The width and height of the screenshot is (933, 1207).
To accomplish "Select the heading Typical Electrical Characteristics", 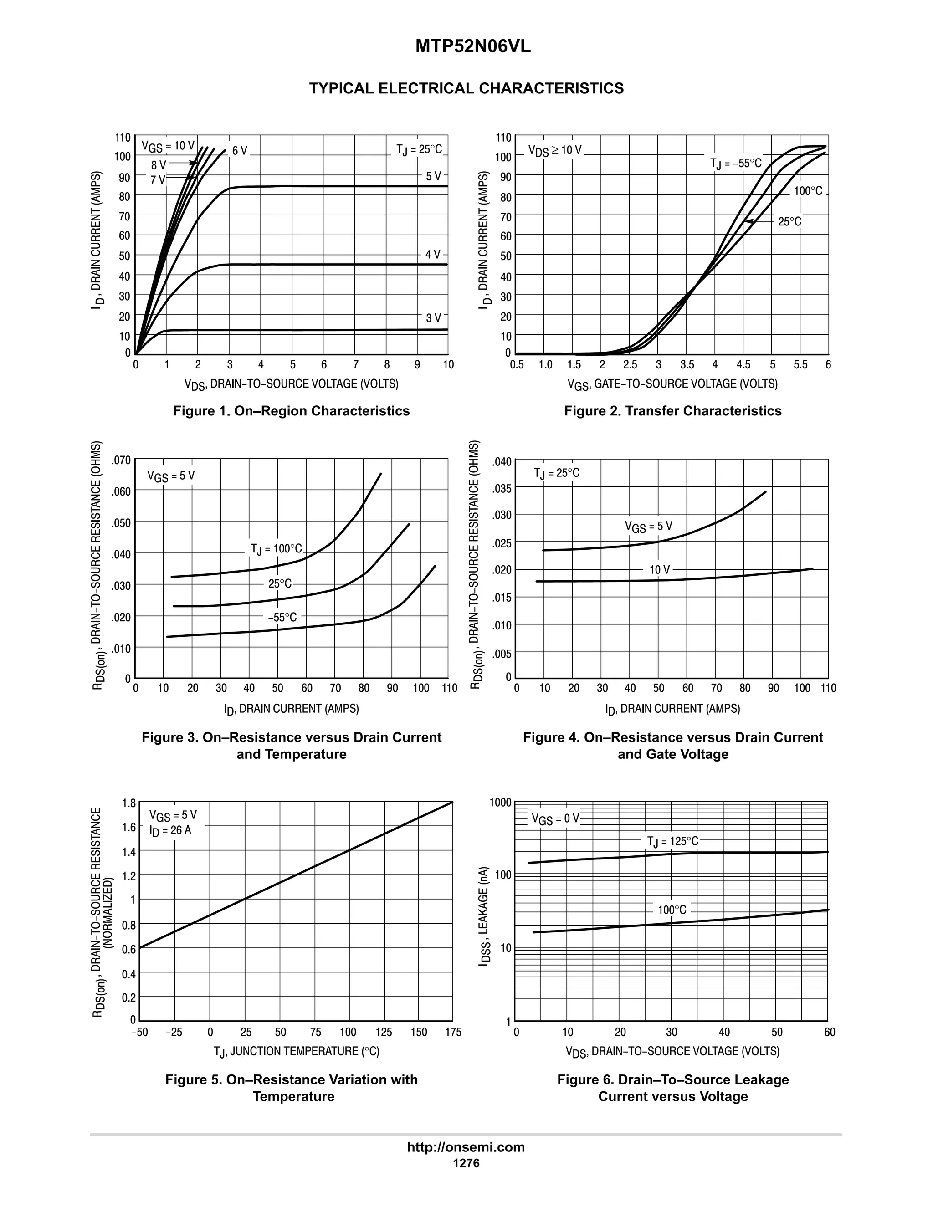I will pos(466,88).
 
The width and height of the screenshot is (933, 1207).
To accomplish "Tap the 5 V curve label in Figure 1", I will pos(433,176).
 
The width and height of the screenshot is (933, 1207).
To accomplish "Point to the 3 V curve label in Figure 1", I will pos(433,318).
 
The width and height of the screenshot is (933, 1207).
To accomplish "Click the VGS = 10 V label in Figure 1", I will pos(168,147).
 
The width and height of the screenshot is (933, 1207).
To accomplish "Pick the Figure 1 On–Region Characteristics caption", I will pos(291,411).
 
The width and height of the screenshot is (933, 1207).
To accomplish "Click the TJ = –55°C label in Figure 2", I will pos(736,164).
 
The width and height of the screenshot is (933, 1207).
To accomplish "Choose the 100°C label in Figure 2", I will pos(808,191).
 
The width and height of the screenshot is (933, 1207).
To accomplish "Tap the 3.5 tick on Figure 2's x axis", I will pos(687,365).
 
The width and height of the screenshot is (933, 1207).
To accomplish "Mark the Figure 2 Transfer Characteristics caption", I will pos(673,411).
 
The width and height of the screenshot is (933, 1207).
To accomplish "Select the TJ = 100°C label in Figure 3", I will pos(277,549).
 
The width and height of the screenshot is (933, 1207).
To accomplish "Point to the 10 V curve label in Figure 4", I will pos(659,570).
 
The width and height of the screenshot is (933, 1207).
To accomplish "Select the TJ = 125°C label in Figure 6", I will pos(673,841).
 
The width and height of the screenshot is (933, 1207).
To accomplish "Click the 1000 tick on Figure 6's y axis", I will pos(501,803).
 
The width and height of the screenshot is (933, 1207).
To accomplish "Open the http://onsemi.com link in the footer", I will pos(466,1147).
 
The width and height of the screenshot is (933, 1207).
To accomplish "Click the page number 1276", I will pos(466,1163).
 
